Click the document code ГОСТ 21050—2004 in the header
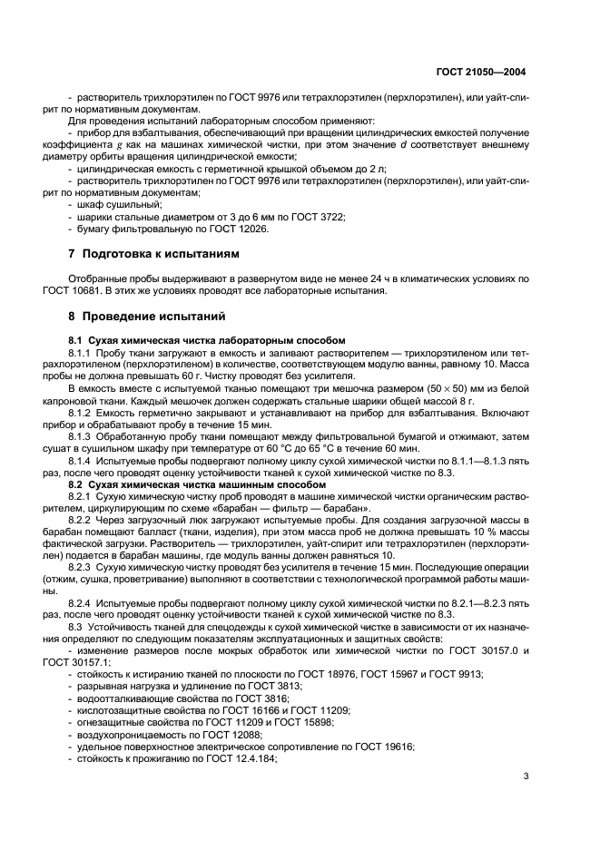[x=481, y=70]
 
